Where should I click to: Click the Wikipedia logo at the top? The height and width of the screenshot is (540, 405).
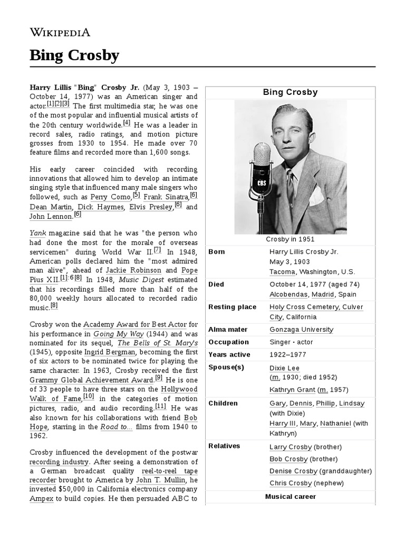pos(60,32)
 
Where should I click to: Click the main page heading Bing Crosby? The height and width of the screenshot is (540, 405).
pos(74,55)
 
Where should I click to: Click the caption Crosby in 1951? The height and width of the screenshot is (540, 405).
pos(291,239)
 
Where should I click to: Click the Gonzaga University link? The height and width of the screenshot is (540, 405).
pos(301,330)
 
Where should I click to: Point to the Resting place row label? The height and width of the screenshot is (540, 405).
pos(233,307)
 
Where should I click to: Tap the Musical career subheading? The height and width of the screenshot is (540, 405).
pos(290,497)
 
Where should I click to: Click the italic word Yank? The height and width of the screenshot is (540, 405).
pos(38,232)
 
